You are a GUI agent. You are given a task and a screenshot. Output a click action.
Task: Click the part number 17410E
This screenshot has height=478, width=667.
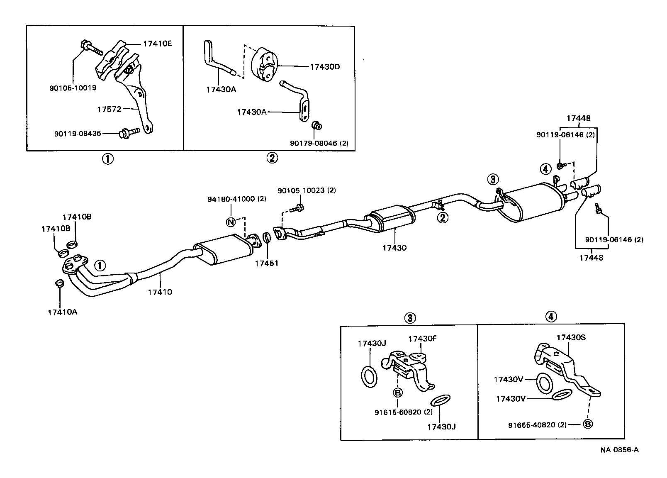pos(157,43)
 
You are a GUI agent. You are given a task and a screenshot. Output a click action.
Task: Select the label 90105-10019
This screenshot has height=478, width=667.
pos(73,88)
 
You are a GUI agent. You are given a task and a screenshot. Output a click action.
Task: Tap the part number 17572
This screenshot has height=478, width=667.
pos(109,109)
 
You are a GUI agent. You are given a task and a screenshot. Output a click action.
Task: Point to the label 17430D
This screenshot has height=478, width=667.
pos(324,66)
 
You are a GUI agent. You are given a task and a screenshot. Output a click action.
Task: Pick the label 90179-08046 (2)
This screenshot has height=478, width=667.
pos(319,143)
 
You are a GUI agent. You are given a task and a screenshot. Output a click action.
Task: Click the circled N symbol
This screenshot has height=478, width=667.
pos(231,222)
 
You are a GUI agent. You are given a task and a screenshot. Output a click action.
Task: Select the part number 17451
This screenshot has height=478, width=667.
pos(266,263)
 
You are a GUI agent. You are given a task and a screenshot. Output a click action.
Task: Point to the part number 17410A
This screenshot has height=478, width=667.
pos(62,312)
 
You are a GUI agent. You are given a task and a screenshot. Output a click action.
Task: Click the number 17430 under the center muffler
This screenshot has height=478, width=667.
pos(394,248)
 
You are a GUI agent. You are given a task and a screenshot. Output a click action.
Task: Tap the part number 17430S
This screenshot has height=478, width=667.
pos(571,337)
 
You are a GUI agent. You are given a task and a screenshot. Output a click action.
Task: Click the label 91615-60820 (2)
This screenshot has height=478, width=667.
pos(397,412)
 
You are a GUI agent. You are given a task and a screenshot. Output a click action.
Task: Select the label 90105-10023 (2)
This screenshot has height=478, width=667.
pos(307,190)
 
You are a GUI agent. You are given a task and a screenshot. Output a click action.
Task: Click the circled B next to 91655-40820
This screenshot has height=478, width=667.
pos(588,424)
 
